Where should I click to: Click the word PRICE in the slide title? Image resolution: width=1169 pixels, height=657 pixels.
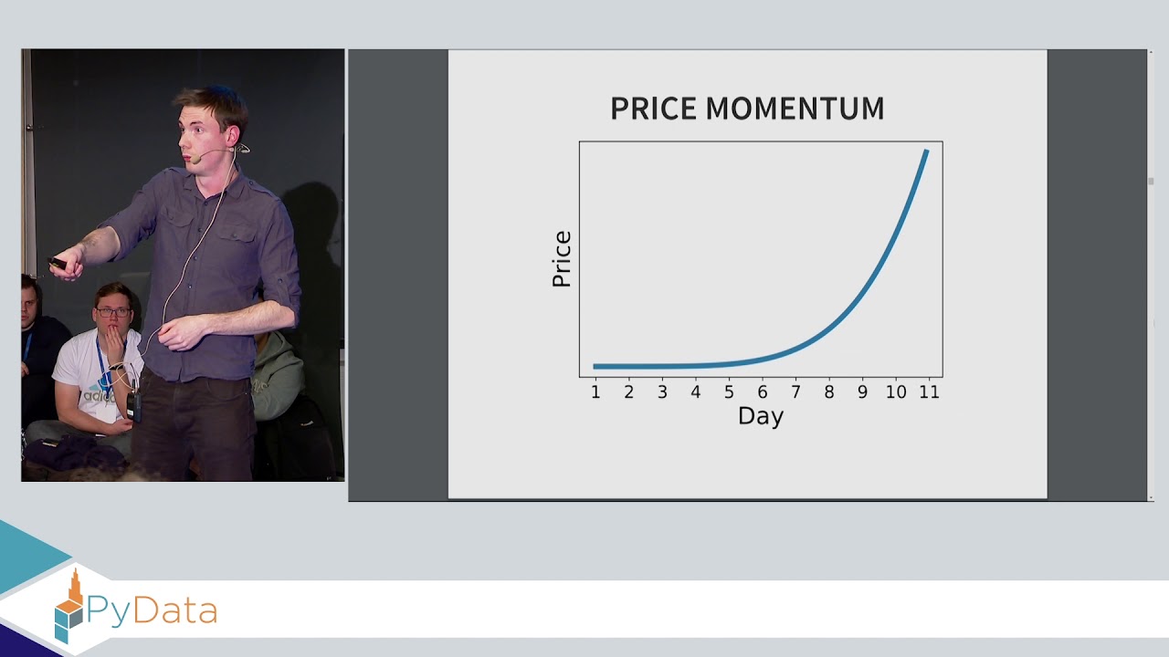point(654,109)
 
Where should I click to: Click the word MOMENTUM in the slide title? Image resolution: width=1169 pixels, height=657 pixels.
point(795,109)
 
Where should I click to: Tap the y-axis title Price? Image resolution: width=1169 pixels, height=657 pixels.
point(562,259)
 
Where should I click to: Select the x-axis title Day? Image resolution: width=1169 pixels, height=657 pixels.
point(760,416)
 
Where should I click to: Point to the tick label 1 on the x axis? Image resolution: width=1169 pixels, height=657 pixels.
point(595,392)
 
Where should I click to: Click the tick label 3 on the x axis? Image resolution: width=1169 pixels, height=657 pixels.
point(662,392)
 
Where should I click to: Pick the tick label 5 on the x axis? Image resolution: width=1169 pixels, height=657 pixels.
point(729,392)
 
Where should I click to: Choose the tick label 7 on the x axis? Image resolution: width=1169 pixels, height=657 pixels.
point(795,392)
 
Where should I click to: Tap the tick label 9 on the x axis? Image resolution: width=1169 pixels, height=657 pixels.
point(862,392)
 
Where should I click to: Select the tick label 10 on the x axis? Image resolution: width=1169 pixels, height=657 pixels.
point(896,392)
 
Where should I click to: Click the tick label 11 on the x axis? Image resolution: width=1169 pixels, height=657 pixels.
point(929,392)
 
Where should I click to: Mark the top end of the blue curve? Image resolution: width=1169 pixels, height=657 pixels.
point(927,151)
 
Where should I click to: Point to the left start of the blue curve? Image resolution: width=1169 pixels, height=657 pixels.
point(595,366)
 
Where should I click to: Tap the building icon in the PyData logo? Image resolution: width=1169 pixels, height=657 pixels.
point(70,606)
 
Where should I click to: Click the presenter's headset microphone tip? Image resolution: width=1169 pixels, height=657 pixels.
point(195,160)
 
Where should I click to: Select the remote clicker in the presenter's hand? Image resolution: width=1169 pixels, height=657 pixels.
point(57,263)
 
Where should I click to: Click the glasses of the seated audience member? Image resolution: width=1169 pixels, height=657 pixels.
point(113,312)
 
